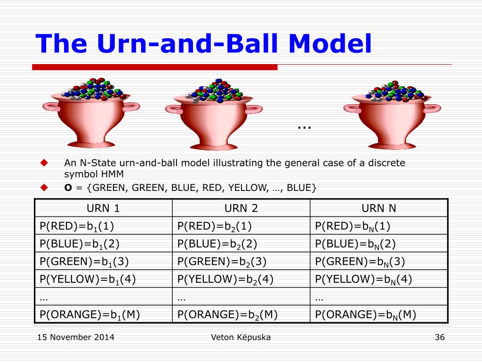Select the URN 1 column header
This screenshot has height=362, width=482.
click(x=103, y=208)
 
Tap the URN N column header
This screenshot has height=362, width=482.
click(x=379, y=208)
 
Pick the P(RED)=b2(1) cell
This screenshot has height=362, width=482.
click(x=241, y=226)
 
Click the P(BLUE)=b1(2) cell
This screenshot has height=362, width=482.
click(x=103, y=244)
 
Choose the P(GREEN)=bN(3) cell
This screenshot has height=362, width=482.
click(x=379, y=262)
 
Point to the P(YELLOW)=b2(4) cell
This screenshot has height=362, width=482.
click(x=241, y=279)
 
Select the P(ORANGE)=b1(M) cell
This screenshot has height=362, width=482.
click(x=103, y=314)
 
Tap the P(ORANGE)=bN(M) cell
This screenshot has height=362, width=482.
click(x=379, y=314)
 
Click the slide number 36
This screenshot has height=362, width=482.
click(x=440, y=337)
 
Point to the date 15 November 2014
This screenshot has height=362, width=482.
click(x=76, y=337)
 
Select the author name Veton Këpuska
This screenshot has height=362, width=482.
click(x=241, y=337)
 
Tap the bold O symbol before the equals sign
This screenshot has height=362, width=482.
click(x=68, y=188)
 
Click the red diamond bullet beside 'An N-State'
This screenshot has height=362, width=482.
click(x=44, y=163)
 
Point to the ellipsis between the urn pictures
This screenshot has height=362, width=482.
click(x=305, y=127)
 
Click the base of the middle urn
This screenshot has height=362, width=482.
click(x=214, y=147)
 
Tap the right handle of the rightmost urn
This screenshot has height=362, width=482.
click(x=433, y=108)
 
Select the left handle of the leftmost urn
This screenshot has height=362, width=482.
click(x=51, y=107)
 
